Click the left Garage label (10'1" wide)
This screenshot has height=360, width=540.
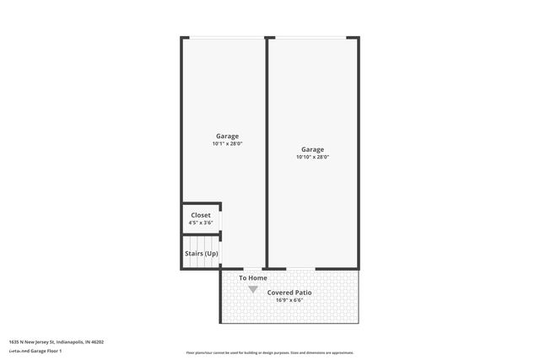227,136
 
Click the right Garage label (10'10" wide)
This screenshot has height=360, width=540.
312,148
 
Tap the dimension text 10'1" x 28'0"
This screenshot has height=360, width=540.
227,144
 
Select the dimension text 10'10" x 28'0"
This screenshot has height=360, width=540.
312,157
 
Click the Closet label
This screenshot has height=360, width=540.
201,215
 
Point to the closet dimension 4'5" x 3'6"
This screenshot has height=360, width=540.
201,223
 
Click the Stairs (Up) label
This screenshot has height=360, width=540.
201,253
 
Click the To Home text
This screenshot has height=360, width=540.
253,278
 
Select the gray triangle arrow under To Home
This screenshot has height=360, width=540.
253,289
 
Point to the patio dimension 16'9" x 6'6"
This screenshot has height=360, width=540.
289,300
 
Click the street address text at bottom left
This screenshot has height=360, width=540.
57,342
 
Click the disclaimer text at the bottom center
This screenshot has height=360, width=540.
270,352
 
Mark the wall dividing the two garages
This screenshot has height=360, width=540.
267,152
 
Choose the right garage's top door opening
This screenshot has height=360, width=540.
312,37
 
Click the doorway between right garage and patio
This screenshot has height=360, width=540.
300,269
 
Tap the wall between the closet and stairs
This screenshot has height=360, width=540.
201,234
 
